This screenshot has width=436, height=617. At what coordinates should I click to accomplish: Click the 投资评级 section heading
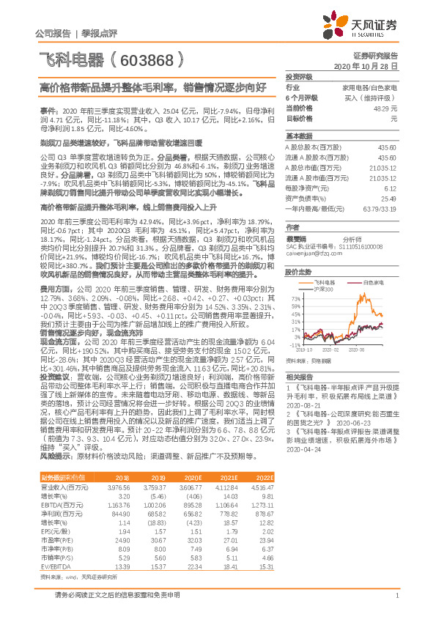pos(299,76)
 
